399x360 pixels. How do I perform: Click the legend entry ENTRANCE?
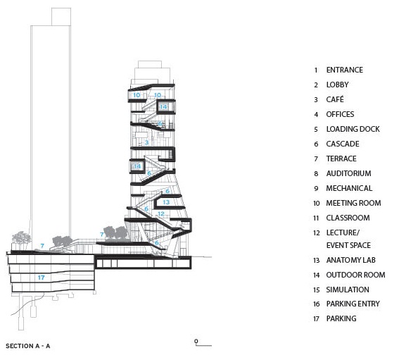(x=345, y=70)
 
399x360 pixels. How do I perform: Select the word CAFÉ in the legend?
(x=335, y=99)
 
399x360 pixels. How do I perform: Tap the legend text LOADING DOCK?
(x=353, y=129)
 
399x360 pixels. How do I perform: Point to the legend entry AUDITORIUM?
(x=348, y=173)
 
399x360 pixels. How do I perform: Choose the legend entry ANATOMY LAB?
(x=351, y=260)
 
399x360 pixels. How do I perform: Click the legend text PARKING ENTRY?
(x=353, y=304)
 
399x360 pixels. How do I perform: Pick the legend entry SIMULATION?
(x=348, y=290)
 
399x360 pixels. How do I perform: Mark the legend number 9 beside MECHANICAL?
(x=316, y=188)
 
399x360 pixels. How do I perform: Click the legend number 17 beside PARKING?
(x=316, y=318)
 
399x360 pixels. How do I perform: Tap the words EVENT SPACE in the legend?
(x=348, y=245)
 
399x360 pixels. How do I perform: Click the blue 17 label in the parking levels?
(x=42, y=278)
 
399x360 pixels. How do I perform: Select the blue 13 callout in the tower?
(x=166, y=202)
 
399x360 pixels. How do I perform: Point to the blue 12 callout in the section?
(x=161, y=213)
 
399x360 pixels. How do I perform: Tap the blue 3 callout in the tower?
(x=146, y=142)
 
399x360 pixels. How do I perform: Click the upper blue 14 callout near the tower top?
(x=163, y=106)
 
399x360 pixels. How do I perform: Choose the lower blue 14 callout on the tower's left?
(x=137, y=166)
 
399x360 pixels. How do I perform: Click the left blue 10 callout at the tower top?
(x=137, y=95)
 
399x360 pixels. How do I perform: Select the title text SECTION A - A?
(x=28, y=346)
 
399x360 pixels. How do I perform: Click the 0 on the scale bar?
(x=196, y=341)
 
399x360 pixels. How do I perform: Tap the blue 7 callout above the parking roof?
(x=42, y=246)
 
